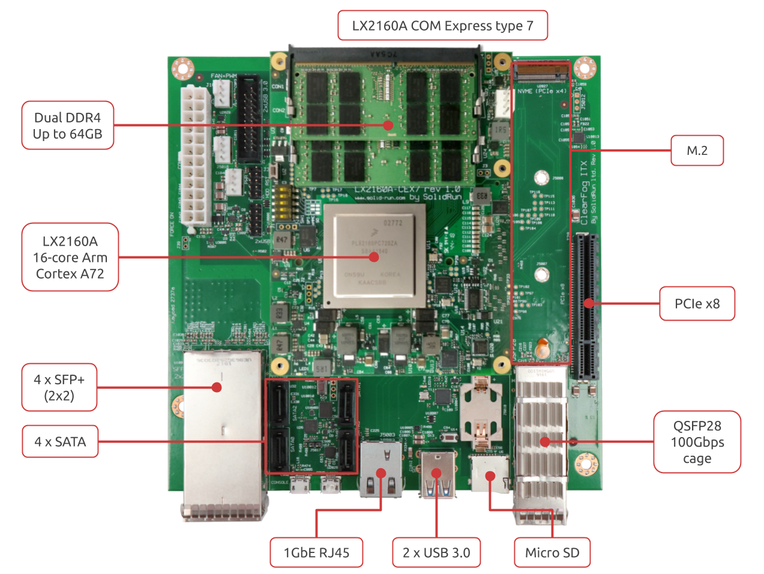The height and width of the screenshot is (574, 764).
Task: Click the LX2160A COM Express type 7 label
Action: click(x=442, y=26)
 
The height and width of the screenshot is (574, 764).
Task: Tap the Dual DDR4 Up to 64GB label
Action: click(x=68, y=125)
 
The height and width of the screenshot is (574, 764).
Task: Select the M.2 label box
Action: click(x=697, y=151)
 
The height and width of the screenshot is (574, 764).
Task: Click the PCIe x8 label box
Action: click(x=697, y=304)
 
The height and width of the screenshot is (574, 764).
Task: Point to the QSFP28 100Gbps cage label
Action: click(x=697, y=443)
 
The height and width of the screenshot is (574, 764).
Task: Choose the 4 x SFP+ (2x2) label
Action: click(x=59, y=387)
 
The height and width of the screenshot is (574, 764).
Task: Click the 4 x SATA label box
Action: click(x=60, y=442)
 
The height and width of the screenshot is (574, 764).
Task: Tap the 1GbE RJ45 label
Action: click(x=316, y=553)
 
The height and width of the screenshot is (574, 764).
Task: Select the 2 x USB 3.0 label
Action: click(x=436, y=553)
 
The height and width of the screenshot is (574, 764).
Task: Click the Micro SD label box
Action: click(x=552, y=553)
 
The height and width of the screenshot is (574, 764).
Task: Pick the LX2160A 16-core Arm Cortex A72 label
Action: click(x=70, y=258)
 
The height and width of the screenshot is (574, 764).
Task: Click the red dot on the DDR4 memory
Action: click(x=388, y=125)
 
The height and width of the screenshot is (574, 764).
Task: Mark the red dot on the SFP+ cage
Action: click(x=217, y=387)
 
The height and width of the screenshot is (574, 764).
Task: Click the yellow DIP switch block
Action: click(x=282, y=201)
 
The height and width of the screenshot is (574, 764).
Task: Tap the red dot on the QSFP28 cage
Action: click(x=544, y=443)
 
